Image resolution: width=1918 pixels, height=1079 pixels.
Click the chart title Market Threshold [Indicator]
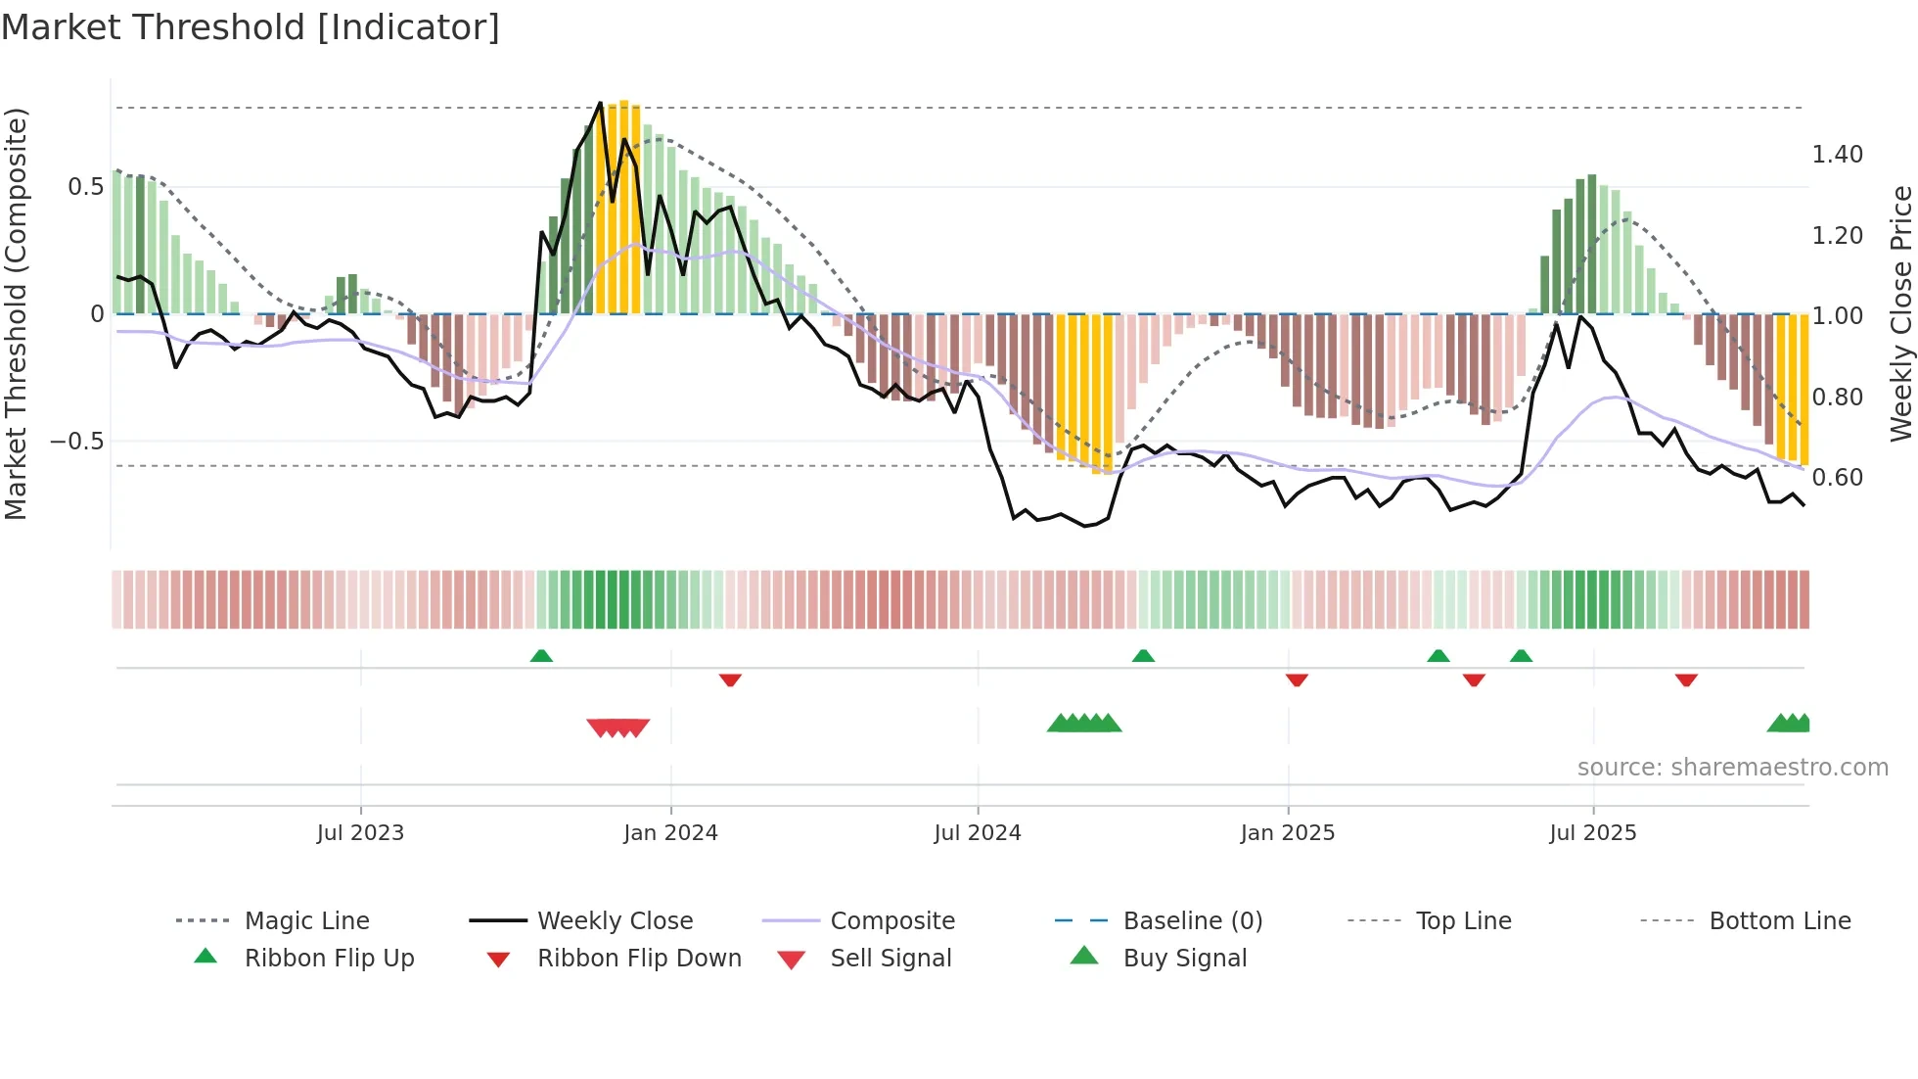click(x=251, y=27)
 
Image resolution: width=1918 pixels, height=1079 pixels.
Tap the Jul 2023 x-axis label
click(x=360, y=832)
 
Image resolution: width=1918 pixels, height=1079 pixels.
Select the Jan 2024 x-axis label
click(x=670, y=832)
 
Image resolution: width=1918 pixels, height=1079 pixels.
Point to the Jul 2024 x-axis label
click(x=977, y=832)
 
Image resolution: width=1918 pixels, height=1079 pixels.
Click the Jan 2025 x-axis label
click(x=1287, y=832)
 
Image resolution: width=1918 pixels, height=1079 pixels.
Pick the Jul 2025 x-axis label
click(x=1592, y=832)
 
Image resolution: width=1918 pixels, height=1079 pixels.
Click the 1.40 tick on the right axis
click(x=1837, y=155)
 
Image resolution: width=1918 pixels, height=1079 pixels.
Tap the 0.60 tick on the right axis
click(x=1837, y=478)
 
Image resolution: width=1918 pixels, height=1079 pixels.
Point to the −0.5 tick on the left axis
click(x=77, y=442)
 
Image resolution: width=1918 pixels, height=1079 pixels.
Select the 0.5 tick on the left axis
click(x=85, y=187)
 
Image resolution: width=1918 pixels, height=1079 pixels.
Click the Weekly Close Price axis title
click(x=1900, y=313)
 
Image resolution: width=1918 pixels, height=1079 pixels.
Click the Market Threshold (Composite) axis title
click(x=16, y=313)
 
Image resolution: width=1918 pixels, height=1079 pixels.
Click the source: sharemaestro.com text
click(x=1732, y=768)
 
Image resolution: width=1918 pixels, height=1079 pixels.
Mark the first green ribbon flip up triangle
click(x=541, y=656)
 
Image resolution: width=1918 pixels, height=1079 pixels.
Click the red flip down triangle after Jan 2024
click(x=730, y=680)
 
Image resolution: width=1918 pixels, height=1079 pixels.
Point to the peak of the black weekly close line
click(x=601, y=103)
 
